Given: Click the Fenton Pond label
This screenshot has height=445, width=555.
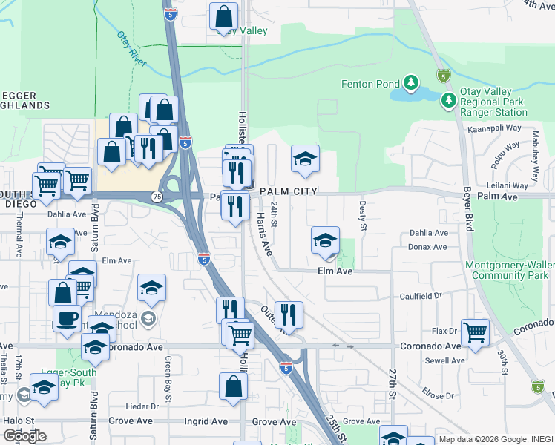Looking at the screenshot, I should click(370, 84).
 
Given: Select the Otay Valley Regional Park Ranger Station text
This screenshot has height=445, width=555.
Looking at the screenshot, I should click(493, 102).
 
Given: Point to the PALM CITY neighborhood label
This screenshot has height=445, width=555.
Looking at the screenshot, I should click(289, 191).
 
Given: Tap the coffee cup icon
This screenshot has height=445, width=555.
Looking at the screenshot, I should click(67, 317).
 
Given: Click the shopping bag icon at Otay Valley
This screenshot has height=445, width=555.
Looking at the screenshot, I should click(223, 15).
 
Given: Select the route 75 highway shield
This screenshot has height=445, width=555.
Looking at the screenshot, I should click(157, 197).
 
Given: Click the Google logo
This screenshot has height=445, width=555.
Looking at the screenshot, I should click(24, 435).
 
